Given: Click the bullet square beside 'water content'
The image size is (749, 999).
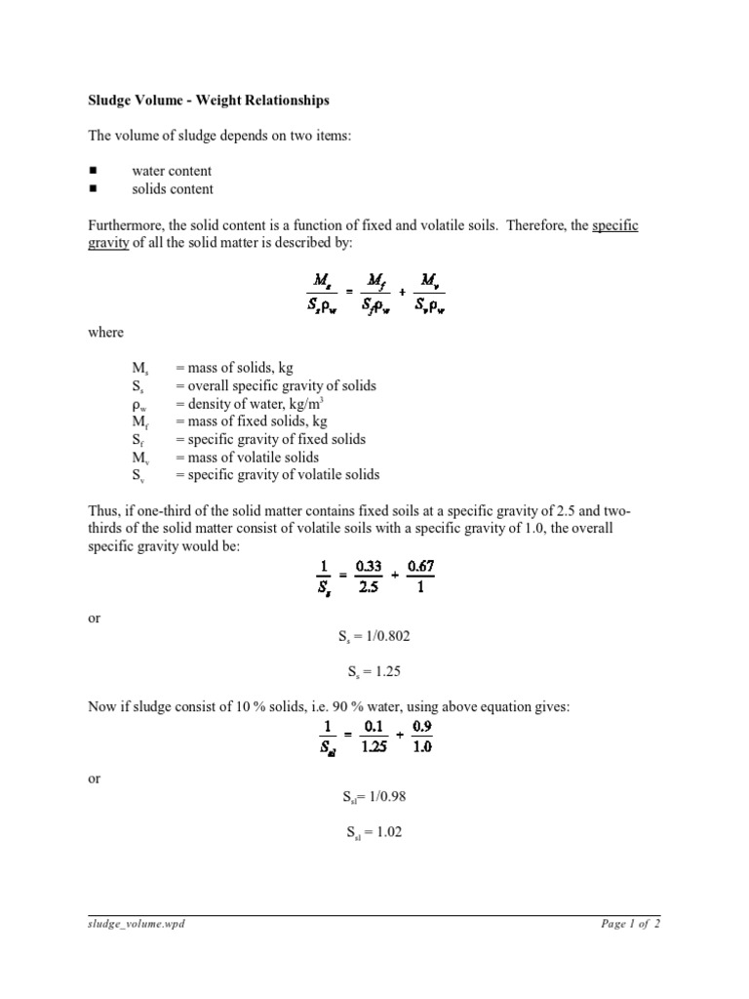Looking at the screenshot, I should coord(95,171).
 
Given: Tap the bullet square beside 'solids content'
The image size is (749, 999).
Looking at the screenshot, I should coord(95,188).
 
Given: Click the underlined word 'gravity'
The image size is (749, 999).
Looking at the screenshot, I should coord(108,243).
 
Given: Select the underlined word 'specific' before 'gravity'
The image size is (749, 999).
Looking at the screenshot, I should coord(615,225).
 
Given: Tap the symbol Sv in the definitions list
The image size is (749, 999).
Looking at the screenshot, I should coord(139,475).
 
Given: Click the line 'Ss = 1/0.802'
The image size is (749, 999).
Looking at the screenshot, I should coord(374,637).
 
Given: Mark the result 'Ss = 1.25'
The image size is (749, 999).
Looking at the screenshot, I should coord(374,672).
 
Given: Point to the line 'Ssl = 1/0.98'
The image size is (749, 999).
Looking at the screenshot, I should coord(374,797).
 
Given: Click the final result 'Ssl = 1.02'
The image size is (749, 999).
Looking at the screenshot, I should coord(374,832).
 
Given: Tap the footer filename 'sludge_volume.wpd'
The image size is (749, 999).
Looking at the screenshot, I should coord(133,924).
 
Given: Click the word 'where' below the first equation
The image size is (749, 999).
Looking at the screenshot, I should coord(105,333).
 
